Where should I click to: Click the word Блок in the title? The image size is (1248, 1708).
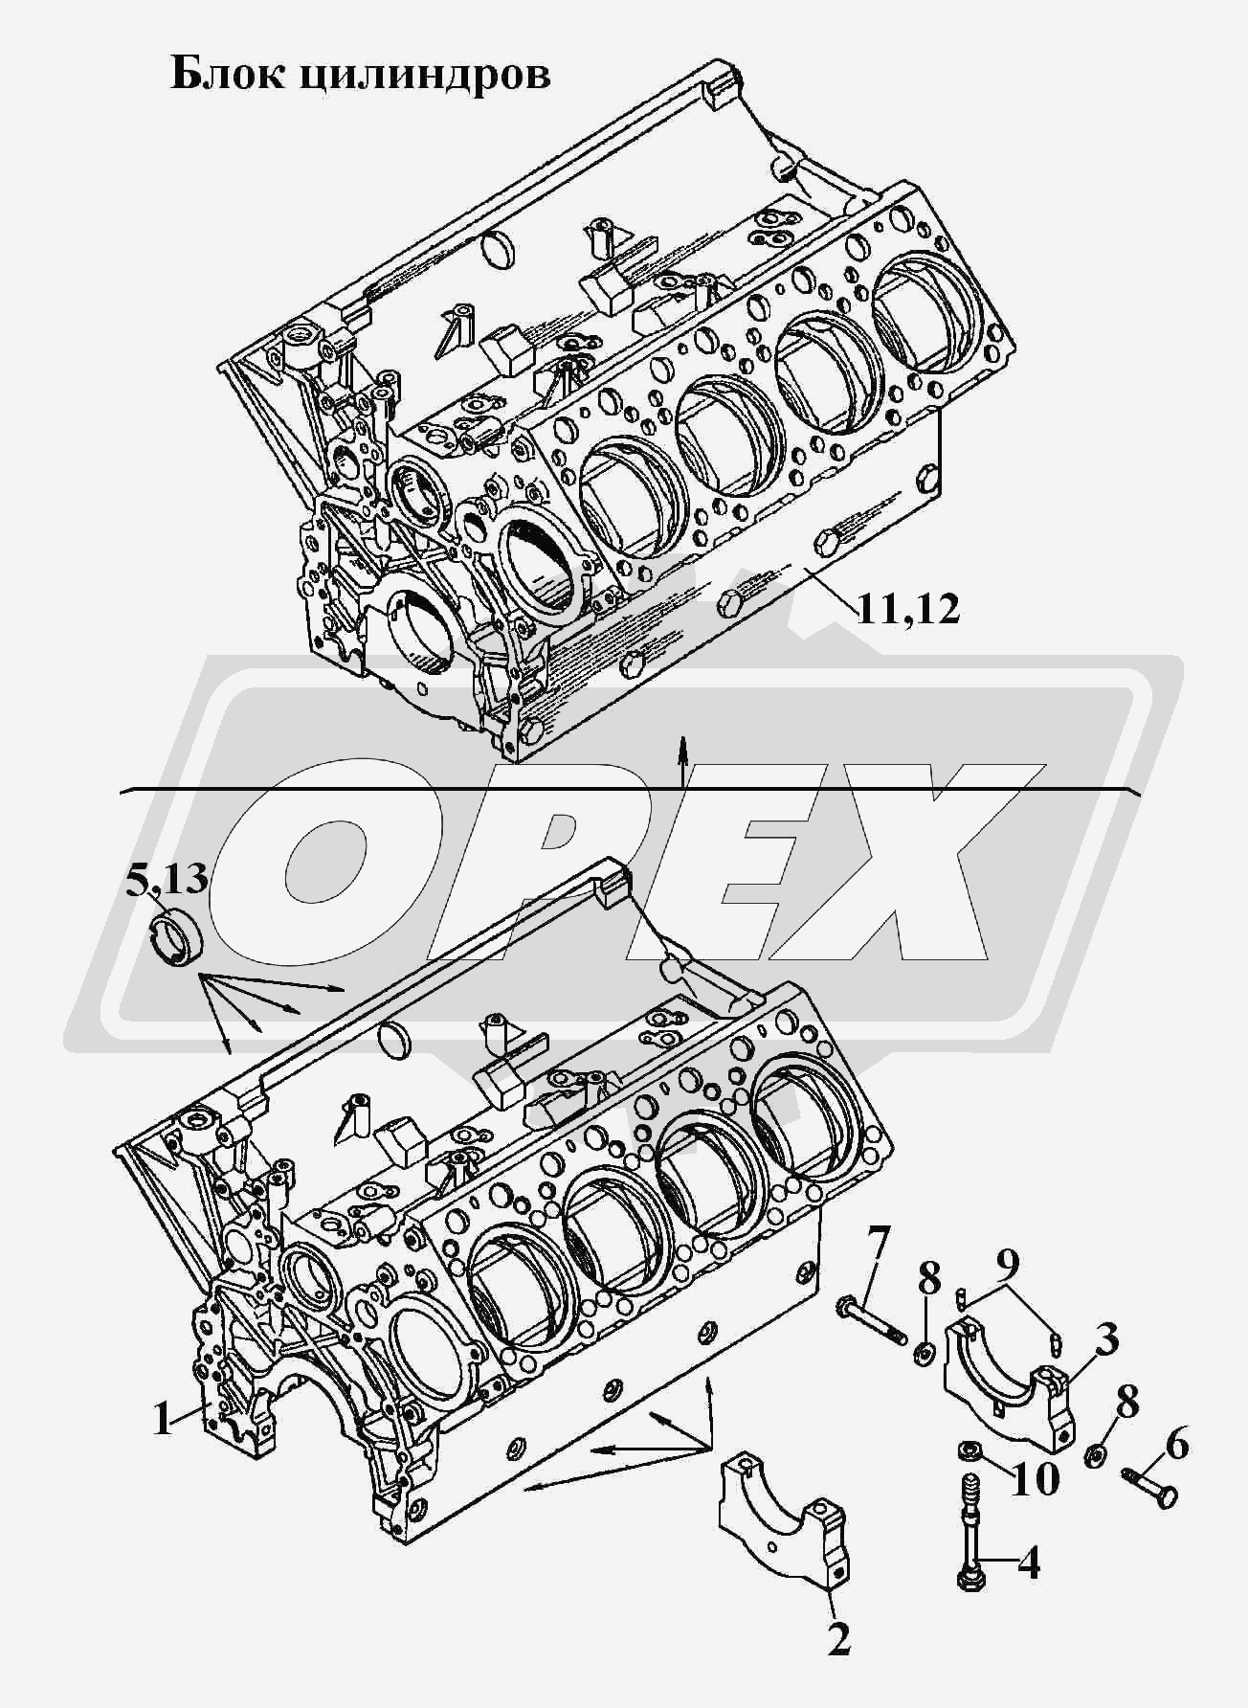[227, 73]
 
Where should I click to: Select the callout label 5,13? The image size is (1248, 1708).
[167, 877]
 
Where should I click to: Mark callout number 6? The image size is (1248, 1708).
[1176, 1444]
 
